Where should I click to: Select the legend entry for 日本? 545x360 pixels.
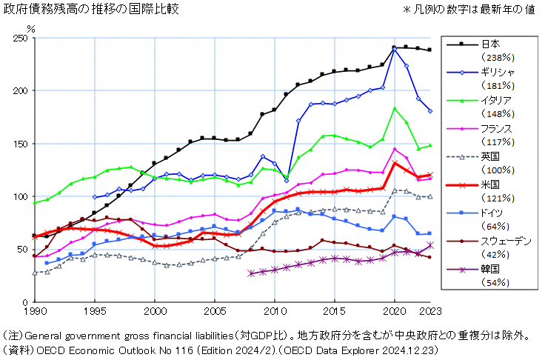click(x=490, y=44)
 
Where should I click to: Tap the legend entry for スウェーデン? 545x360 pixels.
click(x=505, y=241)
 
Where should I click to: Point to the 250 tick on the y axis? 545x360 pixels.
click(x=21, y=38)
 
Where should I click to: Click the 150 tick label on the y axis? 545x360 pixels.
click(x=21, y=144)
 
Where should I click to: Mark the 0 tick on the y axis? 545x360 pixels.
click(x=26, y=302)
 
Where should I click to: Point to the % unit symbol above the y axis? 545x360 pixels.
click(x=30, y=28)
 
